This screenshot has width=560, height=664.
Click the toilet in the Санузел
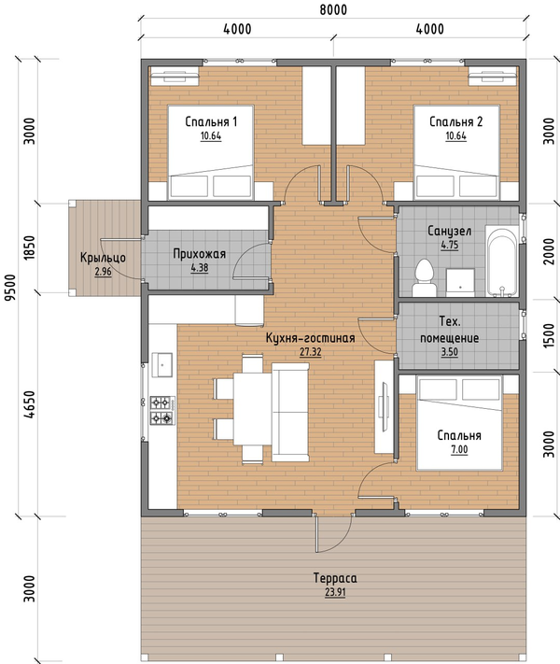425,278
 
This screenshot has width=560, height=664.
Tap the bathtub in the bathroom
501,261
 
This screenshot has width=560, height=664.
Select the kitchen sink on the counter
162,364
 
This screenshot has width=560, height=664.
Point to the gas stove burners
162,410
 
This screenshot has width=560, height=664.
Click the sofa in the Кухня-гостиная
290,412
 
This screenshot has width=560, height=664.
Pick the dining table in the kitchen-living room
252,408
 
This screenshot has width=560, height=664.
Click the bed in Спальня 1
211,152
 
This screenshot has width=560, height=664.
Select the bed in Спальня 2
456,152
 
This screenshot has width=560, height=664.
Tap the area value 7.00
459,449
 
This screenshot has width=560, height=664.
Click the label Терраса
335,578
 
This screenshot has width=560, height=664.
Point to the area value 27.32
310,352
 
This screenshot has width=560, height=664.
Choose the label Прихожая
200,254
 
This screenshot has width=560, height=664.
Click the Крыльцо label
103,258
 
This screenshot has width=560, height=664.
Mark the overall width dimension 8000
333,9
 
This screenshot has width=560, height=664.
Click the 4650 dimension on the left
30,404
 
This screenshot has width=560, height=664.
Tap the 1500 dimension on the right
548,336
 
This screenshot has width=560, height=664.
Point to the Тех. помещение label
450,330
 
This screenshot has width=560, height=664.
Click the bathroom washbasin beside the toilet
460,282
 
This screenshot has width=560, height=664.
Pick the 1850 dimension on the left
30,247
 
